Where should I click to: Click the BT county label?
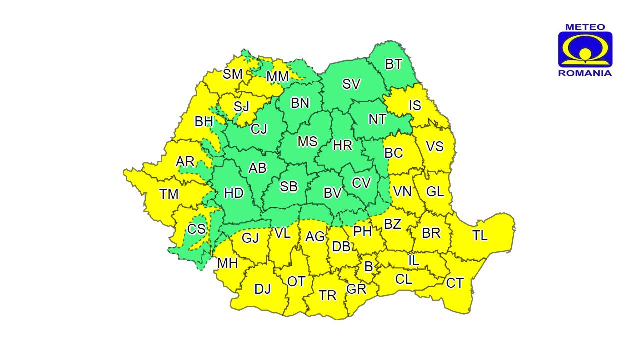(394, 64)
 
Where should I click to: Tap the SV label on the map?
(351, 84)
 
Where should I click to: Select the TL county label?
(480, 236)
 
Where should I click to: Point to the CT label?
(455, 283)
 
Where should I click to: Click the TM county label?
(169, 194)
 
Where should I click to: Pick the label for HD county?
(234, 193)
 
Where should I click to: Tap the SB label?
(289, 186)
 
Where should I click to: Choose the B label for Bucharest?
(368, 267)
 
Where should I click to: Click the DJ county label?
(262, 289)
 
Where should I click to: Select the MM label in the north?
(277, 77)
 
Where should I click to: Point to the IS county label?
(415, 106)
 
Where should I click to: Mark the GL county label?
(435, 191)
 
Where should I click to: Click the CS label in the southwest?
(196, 229)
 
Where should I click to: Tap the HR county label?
(343, 145)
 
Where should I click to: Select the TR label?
(328, 295)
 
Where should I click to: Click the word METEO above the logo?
(585, 27)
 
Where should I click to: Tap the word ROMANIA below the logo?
(585, 73)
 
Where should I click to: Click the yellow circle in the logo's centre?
(585, 54)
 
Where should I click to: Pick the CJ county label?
(259, 129)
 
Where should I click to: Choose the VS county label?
(435, 146)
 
